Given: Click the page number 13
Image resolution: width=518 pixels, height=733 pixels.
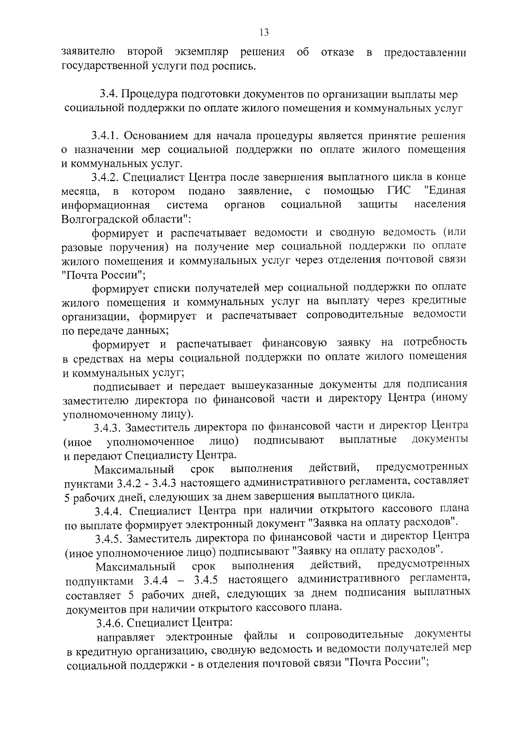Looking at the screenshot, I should [264, 32].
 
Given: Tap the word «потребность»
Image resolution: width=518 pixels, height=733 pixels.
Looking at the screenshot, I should [435, 343].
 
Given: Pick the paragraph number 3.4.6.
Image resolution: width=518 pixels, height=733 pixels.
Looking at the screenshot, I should [110, 622].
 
